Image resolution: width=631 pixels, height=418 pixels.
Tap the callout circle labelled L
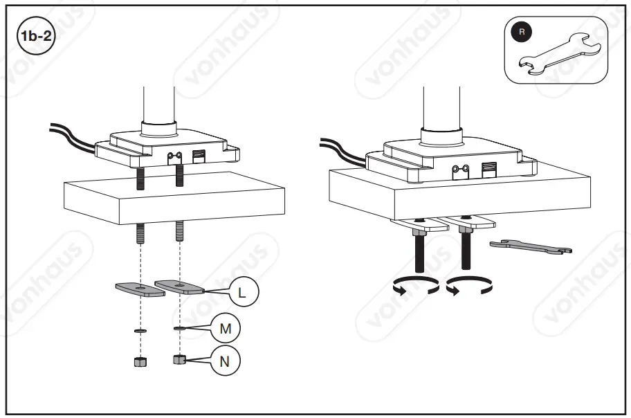241,293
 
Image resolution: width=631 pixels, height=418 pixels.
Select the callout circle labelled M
225,329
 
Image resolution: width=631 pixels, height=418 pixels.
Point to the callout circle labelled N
226,361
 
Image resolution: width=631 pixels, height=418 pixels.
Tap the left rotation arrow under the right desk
414,287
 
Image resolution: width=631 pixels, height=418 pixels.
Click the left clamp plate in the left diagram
139,289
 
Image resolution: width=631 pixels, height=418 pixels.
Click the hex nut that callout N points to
179,360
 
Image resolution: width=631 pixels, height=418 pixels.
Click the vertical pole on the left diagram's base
158,107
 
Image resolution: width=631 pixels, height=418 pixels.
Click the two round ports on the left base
174,156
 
